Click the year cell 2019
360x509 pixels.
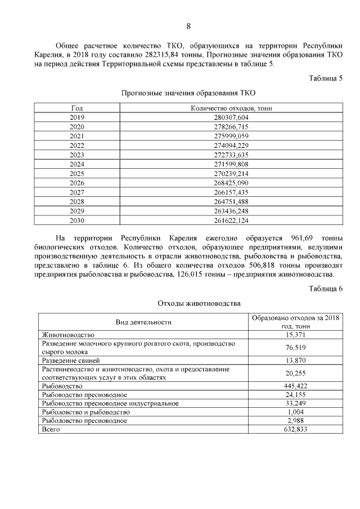point(76,117)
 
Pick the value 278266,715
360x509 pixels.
point(231,127)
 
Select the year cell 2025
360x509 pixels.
point(76,174)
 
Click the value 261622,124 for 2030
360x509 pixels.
point(231,220)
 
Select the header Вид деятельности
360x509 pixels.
point(143,322)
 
